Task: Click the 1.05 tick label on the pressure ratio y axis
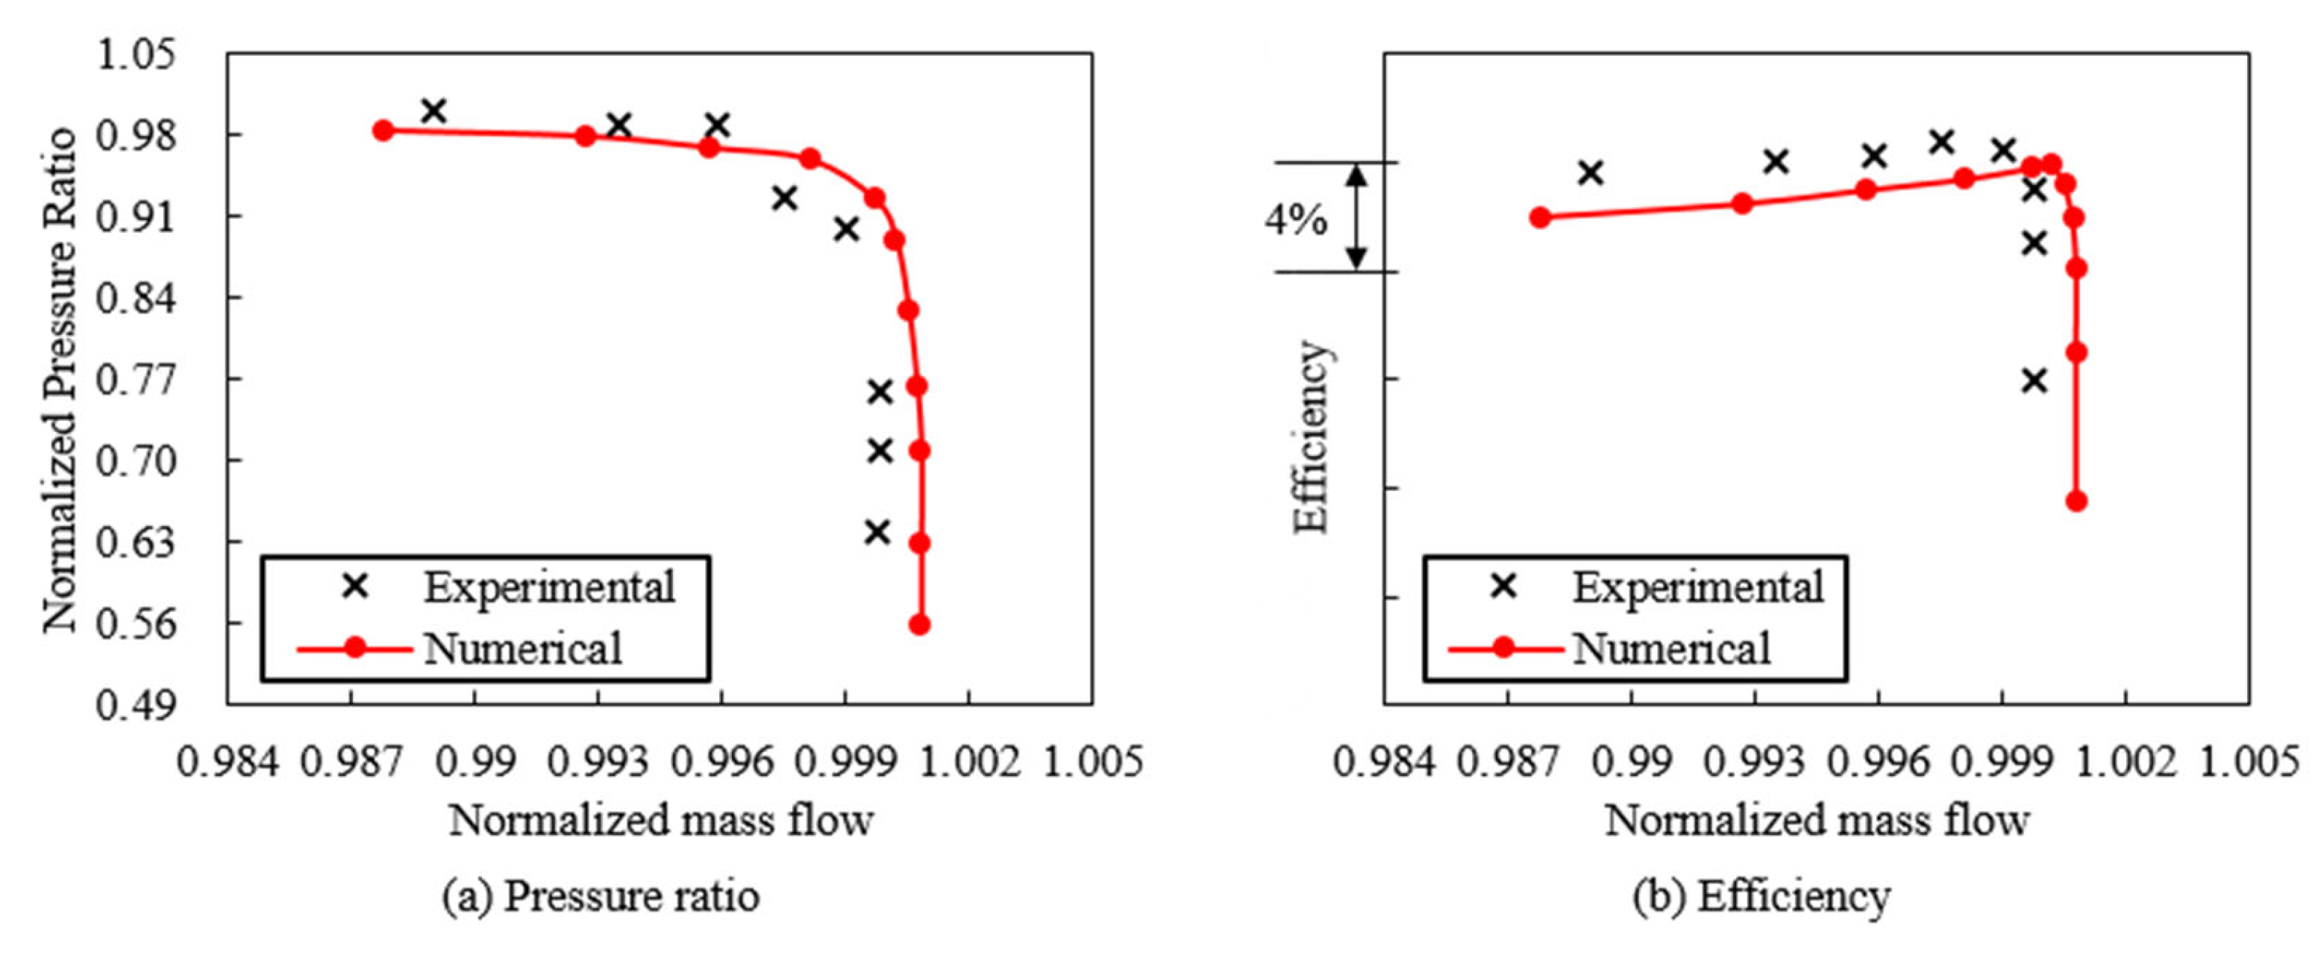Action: pyautogui.click(x=137, y=56)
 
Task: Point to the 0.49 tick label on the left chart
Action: pyautogui.click(x=137, y=706)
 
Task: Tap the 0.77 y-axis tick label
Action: pyautogui.click(x=137, y=381)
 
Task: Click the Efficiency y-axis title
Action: pyautogui.click(x=1310, y=438)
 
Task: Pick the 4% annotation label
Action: pyautogui.click(x=1295, y=219)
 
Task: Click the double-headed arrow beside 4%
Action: pyautogui.click(x=1357, y=217)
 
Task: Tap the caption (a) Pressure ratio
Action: pyautogui.click(x=601, y=896)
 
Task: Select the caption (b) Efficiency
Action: pyautogui.click(x=1761, y=896)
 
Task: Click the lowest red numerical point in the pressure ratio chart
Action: pyautogui.click(x=919, y=624)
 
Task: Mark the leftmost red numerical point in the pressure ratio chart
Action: pyautogui.click(x=383, y=130)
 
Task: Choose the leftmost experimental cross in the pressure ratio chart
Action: pyautogui.click(x=433, y=111)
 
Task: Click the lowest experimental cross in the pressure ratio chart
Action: pyautogui.click(x=878, y=532)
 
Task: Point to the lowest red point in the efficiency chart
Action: pyautogui.click(x=2076, y=501)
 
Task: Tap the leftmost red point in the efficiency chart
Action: pyautogui.click(x=1540, y=217)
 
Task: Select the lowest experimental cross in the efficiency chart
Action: pyautogui.click(x=2034, y=381)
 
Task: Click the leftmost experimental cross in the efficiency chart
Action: pyautogui.click(x=1591, y=172)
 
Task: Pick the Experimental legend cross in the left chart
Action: pyautogui.click(x=357, y=587)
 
